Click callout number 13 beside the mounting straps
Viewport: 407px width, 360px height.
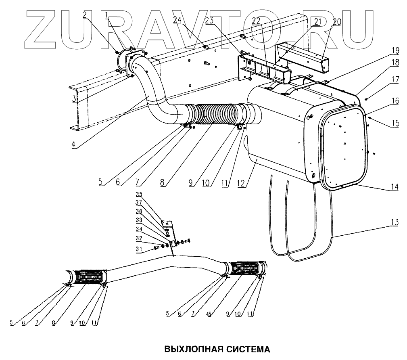[x=394, y=222]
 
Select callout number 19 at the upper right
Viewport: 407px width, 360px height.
[x=395, y=50]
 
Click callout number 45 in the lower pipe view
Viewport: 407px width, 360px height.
[x=209, y=314]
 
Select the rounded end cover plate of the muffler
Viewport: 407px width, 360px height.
[x=344, y=147]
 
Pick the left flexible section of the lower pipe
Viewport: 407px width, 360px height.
[x=89, y=277]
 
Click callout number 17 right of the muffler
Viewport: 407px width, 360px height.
[x=394, y=80]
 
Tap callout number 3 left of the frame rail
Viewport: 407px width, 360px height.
[x=75, y=99]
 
